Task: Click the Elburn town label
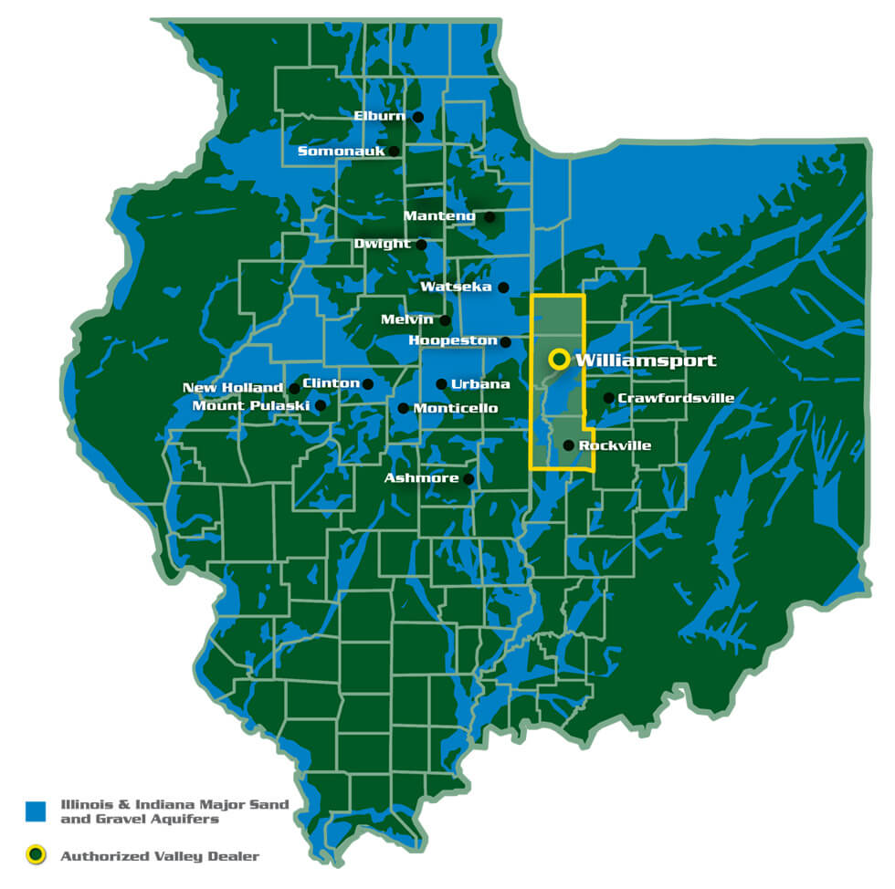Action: coord(380,117)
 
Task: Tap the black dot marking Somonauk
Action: coord(394,152)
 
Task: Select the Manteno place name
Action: coord(439,216)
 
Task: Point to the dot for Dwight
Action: coord(421,245)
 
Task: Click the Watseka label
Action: coord(456,287)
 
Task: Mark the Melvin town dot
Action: coord(445,320)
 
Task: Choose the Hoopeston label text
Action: coord(453,340)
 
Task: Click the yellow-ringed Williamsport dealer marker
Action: coord(558,360)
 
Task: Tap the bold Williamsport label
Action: coord(646,361)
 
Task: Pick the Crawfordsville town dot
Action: coord(608,398)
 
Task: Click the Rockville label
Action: coord(615,445)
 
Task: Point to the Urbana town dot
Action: coord(441,384)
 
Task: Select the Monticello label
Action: coord(456,408)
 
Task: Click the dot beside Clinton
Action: coord(368,384)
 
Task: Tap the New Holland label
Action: coord(233,388)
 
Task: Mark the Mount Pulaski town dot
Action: coord(320,405)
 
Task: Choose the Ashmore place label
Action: coord(422,478)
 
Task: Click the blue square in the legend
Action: coord(36,811)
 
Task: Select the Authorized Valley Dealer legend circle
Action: coord(36,855)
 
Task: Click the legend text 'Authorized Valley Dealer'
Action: coord(161,856)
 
